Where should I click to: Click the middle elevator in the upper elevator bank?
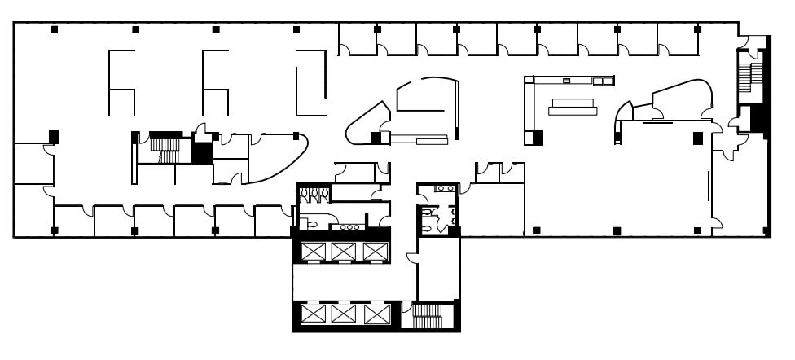pos(343,252)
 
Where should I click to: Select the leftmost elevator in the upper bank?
pos(312,252)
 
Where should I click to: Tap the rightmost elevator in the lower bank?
pos(375,314)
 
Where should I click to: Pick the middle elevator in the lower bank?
pos(343,314)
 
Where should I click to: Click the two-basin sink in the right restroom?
pos(445,188)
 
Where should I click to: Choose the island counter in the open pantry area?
pos(573,107)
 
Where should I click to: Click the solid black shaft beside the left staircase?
pos(201,152)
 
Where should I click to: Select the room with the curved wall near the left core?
pos(277,156)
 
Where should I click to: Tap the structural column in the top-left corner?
pos(55,30)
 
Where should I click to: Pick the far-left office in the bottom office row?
pos(73,220)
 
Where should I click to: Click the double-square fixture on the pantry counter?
pos(601,81)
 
